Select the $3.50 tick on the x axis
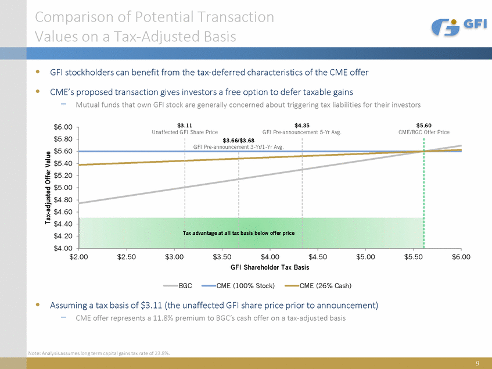[x=222, y=257]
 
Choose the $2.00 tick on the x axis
[x=78, y=257]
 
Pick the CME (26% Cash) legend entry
[x=318, y=285]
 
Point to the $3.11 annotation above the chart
[x=184, y=124]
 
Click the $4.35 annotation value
[x=302, y=124]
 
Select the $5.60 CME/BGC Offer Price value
[x=424, y=124]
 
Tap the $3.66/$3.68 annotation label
[x=238, y=139]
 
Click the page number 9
[x=477, y=363]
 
